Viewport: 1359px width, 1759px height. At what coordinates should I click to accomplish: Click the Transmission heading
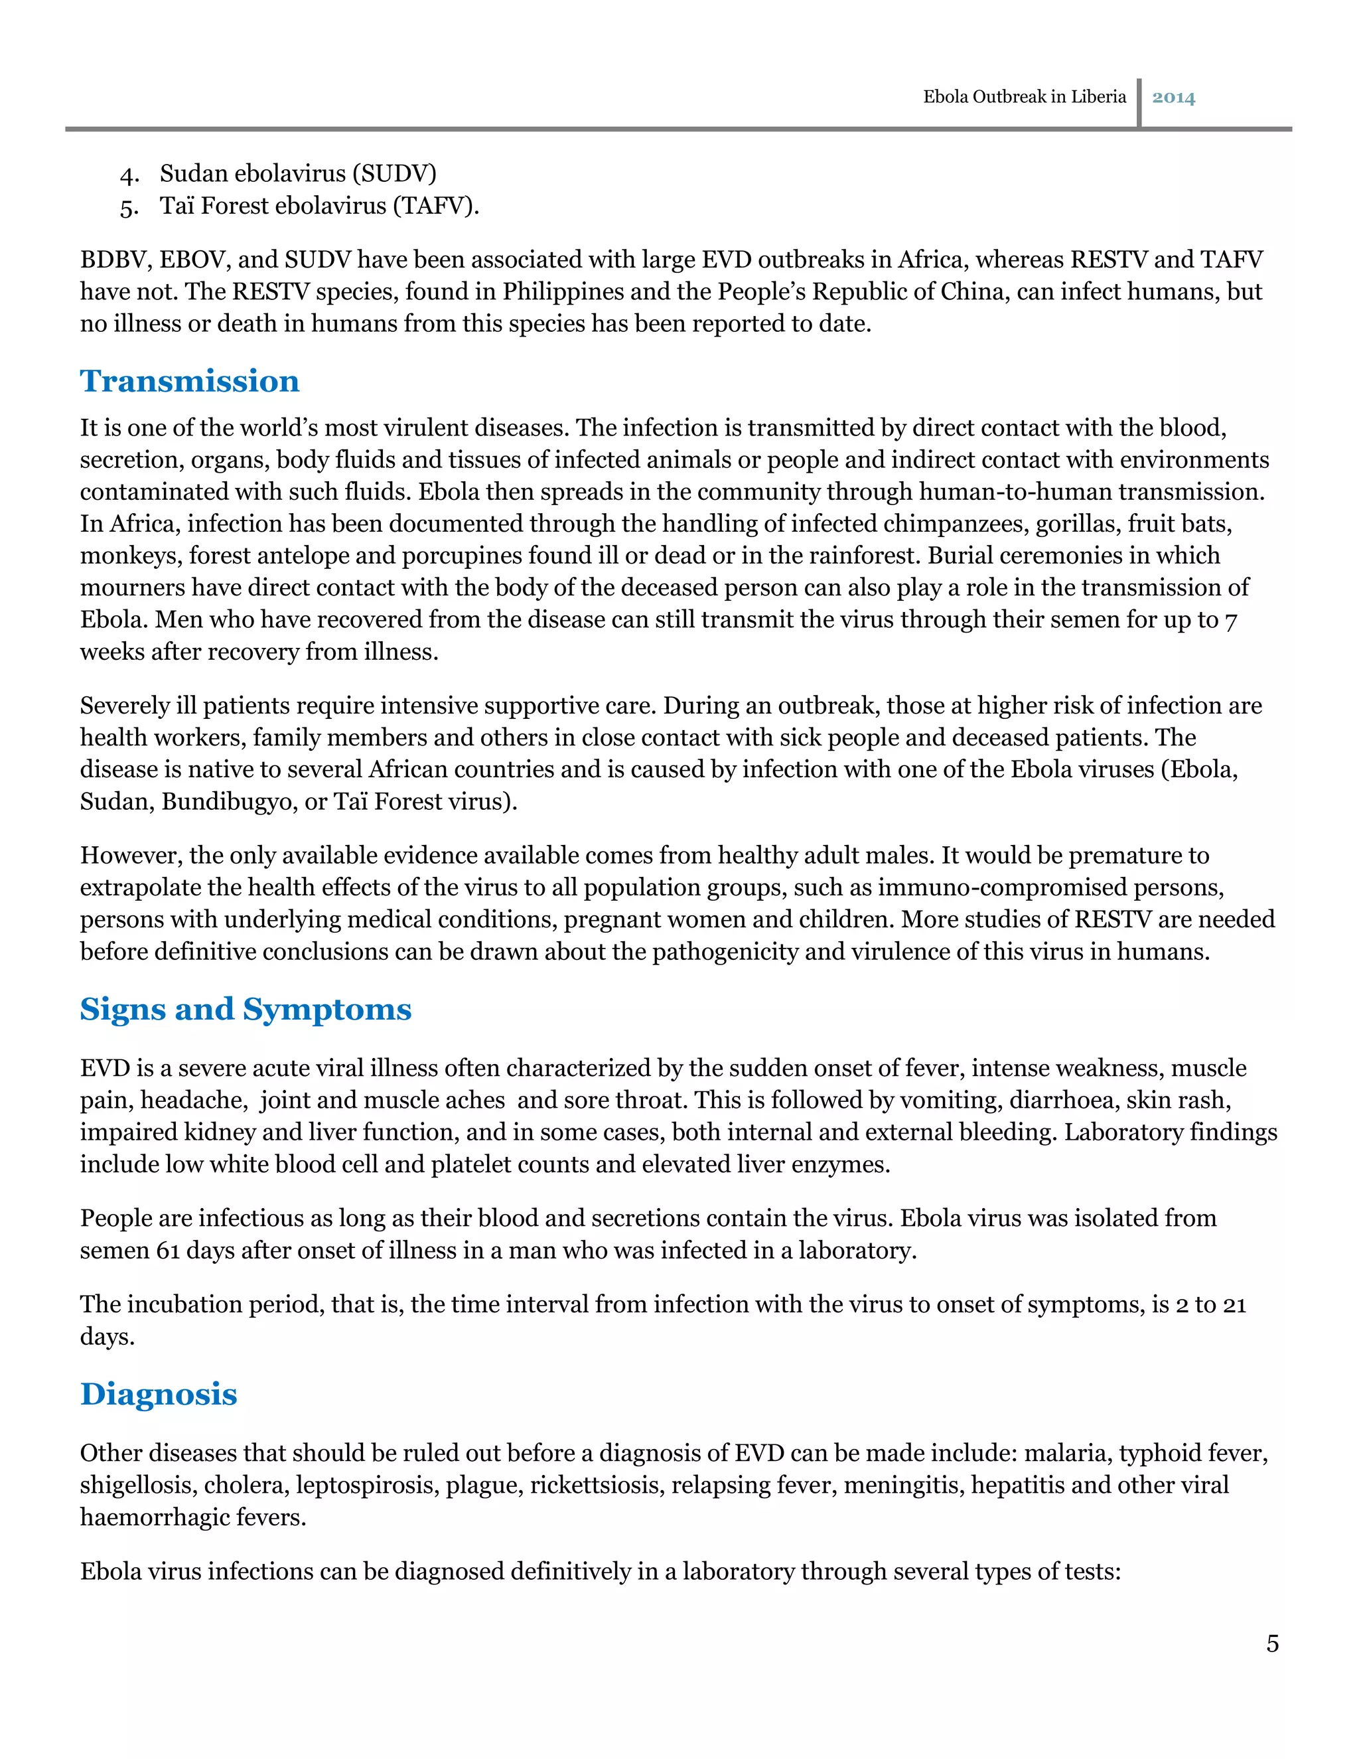click(189, 381)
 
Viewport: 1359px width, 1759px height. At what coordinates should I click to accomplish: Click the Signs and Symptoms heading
click(246, 1009)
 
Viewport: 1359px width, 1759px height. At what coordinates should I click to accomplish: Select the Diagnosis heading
click(159, 1394)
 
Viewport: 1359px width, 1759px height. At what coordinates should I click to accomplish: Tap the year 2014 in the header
click(1173, 98)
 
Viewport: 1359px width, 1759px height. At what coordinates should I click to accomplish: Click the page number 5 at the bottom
click(1272, 1643)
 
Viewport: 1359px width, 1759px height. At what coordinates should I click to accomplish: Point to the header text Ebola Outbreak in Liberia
click(1024, 97)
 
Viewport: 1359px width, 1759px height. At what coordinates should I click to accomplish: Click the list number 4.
click(129, 175)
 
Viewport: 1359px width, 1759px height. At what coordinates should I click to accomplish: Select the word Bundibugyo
click(229, 801)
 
